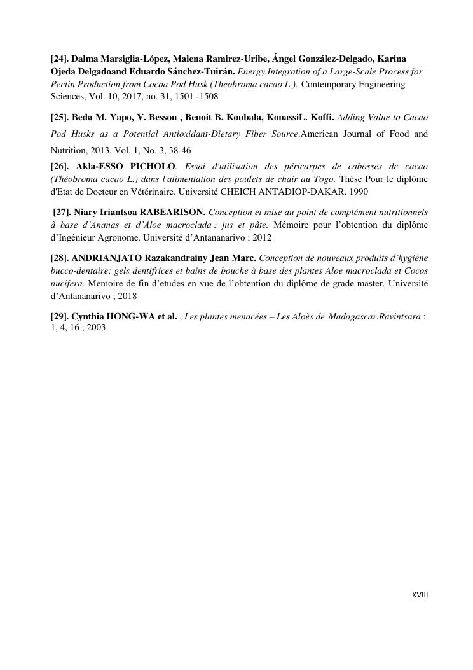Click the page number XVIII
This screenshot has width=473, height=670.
click(420, 595)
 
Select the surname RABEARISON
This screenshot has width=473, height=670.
click(172, 212)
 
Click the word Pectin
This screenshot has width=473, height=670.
click(64, 84)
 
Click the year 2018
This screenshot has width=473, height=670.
click(127, 296)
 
